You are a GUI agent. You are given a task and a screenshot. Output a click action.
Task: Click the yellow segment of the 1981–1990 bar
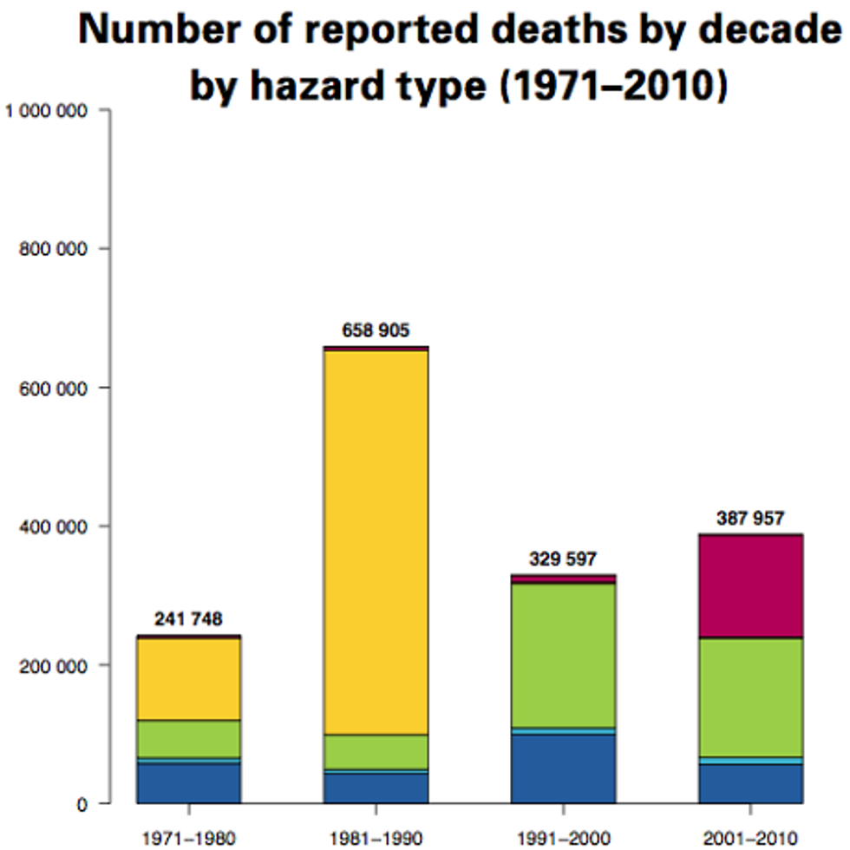(376, 542)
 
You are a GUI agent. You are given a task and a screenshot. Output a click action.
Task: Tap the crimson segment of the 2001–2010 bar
(750, 586)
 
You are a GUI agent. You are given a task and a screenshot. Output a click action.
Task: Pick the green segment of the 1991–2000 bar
(563, 656)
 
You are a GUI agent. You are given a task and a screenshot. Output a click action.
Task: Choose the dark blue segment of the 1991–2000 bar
(563, 769)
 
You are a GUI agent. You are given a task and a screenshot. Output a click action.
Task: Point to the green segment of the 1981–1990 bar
(376, 752)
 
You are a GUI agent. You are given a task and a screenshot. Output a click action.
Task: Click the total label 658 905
(376, 330)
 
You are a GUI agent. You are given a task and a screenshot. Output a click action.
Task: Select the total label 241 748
(189, 619)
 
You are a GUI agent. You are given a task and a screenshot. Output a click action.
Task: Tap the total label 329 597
(563, 559)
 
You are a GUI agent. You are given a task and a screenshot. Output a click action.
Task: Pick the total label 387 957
(750, 519)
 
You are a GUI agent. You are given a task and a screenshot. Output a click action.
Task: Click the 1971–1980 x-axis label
(189, 838)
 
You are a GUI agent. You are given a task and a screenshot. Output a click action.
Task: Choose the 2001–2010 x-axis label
(750, 838)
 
